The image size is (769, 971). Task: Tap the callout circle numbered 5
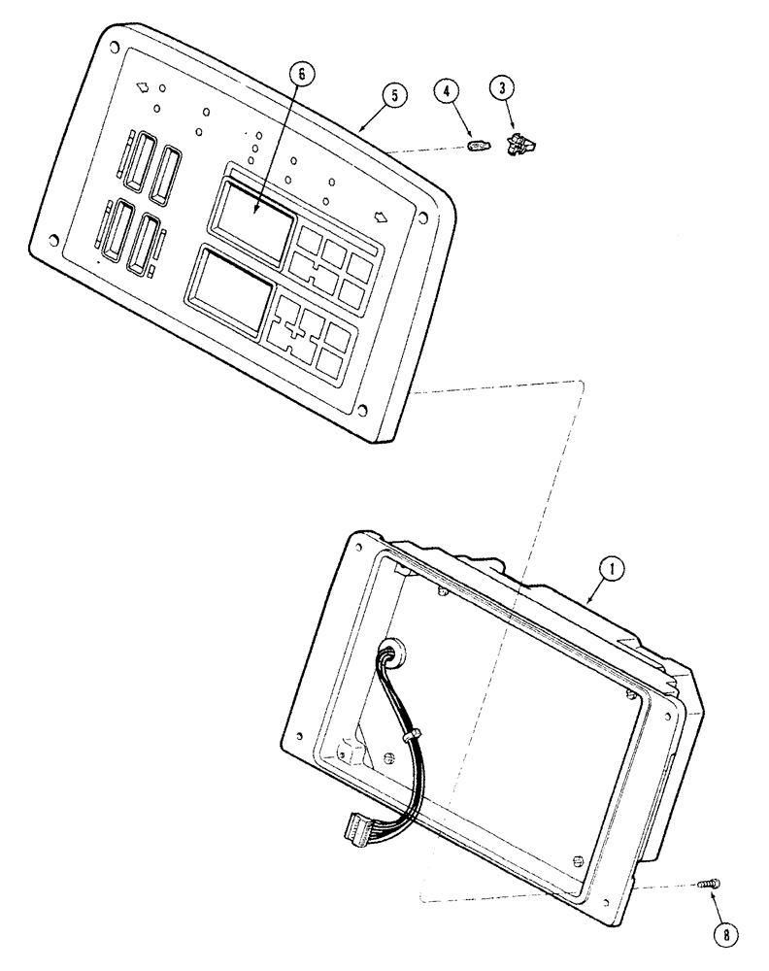[x=393, y=94]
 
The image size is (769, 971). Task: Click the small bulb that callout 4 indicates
[x=477, y=148]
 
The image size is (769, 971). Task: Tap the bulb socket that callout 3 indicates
[x=522, y=146]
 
